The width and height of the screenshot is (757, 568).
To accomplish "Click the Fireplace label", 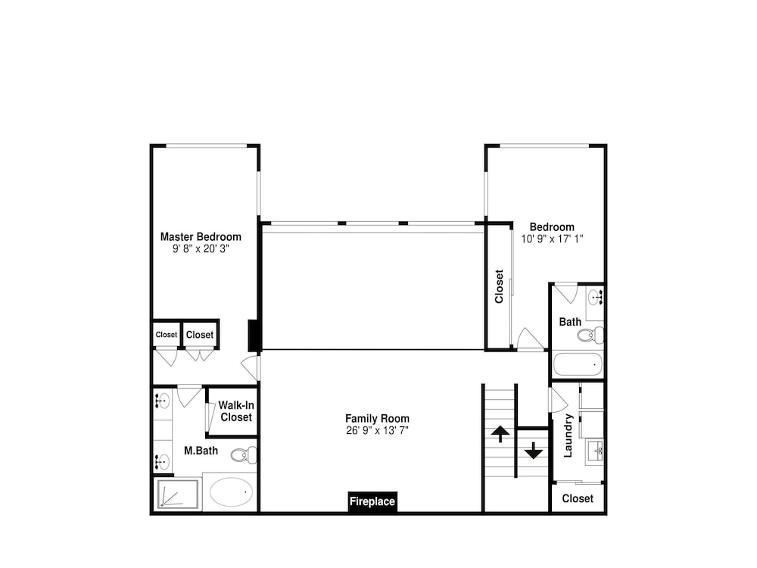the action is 372,501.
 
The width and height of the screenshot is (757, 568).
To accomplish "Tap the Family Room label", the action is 377,419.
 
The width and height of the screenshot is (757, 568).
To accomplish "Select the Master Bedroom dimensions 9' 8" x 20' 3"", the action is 201,248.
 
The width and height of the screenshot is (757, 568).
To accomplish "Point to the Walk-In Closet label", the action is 236,411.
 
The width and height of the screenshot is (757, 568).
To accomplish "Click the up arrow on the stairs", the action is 500,434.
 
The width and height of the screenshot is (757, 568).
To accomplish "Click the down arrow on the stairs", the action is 534,450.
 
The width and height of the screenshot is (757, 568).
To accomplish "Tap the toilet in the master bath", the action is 245,454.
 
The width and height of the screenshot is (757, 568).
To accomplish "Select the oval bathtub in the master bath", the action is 231,492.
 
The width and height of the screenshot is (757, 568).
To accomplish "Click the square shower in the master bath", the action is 177,494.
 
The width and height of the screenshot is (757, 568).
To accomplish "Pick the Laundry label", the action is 568,435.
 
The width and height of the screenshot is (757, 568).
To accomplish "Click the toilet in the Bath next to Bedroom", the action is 590,334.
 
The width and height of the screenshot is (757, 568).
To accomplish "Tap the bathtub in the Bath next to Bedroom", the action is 578,364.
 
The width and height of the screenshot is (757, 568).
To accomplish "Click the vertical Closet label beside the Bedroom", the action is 499,286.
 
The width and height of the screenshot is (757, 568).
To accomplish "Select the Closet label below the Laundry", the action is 578,498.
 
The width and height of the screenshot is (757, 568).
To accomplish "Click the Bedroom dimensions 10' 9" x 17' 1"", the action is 553,239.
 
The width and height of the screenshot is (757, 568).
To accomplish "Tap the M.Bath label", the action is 201,451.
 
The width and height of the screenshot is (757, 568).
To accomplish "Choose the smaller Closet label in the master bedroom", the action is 167,334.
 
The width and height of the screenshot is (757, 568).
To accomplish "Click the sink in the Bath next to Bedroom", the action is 595,297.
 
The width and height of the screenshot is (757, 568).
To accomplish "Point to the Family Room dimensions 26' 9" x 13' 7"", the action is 377,430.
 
